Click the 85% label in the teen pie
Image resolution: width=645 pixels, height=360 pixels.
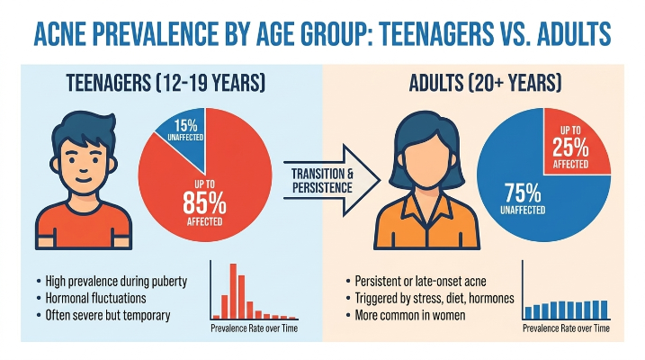204,202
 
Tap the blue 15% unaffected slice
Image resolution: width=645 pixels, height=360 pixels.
187,131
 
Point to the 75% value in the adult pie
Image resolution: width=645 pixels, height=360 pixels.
523,193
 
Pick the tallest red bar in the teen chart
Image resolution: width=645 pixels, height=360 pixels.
233,291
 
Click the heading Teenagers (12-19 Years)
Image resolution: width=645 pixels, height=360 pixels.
166,83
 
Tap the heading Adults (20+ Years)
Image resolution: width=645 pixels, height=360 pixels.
485,83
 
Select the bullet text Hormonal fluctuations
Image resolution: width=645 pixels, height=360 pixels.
95,298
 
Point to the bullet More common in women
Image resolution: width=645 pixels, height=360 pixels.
410,315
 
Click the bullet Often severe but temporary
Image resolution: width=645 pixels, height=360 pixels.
108,315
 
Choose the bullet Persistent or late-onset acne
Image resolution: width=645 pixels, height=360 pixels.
420,281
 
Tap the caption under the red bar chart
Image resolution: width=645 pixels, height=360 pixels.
255,328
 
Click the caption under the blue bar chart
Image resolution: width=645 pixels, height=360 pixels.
566,328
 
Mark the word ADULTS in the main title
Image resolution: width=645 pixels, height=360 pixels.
574,33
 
